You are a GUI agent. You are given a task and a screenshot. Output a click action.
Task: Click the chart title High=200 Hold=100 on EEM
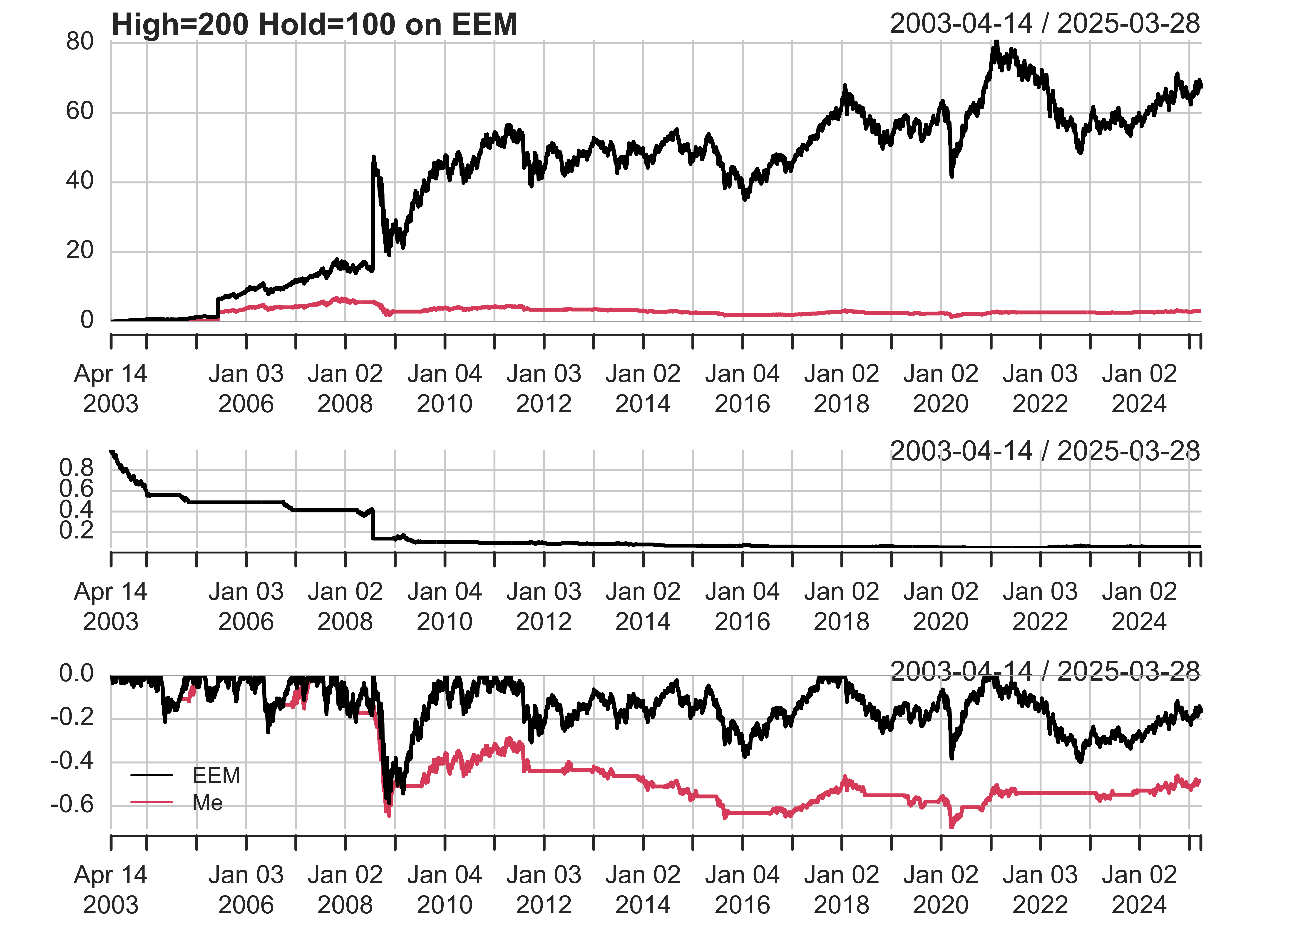314,25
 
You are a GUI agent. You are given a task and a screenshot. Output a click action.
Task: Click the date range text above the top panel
1044,24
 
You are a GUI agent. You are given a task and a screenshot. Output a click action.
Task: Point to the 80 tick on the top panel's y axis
80,42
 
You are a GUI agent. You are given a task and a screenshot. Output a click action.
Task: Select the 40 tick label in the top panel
80,181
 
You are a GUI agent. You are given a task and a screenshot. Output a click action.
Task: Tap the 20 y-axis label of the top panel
80,251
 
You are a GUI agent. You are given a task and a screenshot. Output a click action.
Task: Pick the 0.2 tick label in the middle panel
76,531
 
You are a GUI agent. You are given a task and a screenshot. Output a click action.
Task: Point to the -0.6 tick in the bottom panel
72,804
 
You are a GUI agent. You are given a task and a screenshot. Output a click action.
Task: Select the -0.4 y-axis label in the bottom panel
72,761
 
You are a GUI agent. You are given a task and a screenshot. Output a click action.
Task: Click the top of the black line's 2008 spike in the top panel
373,157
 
